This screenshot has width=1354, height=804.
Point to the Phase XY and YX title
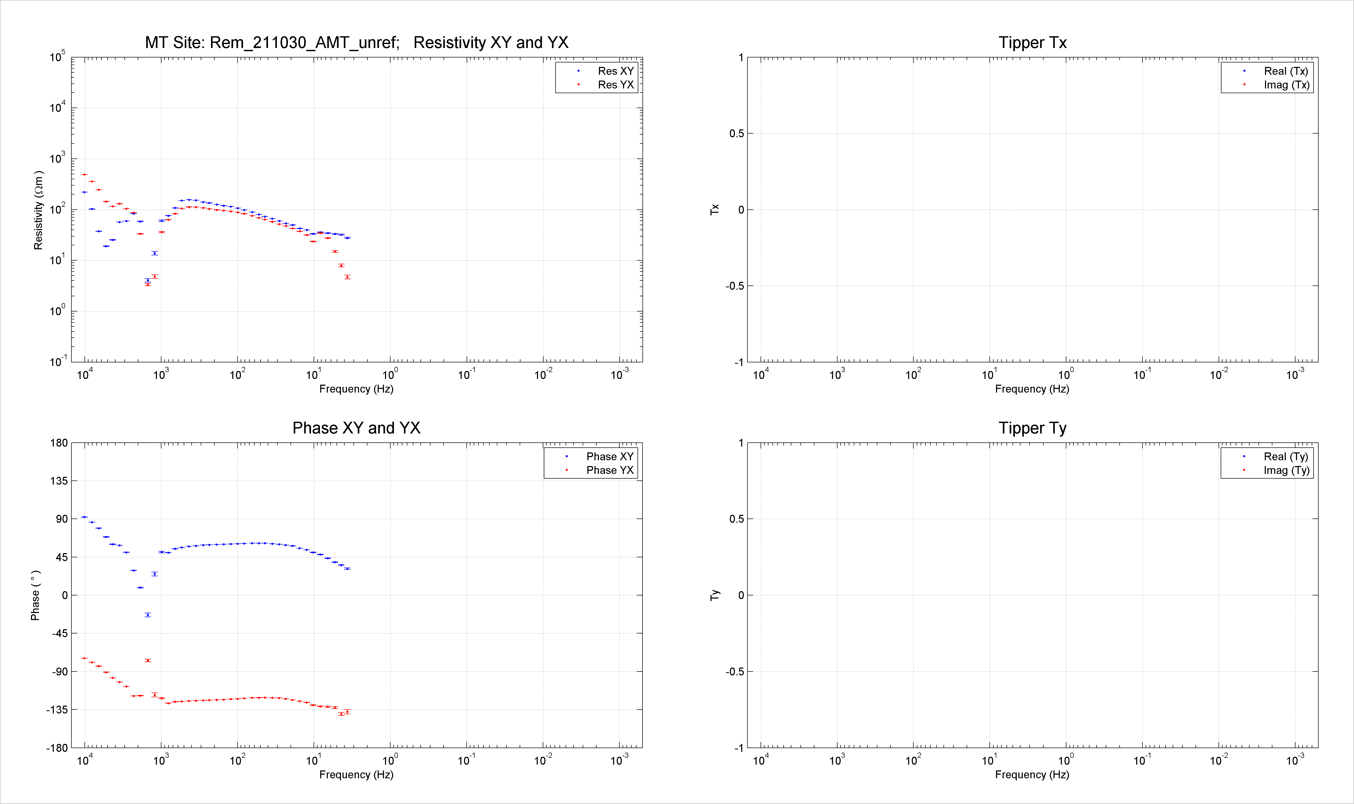pyautogui.click(x=356, y=428)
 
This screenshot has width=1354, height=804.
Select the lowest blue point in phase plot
pyautogui.click(x=147, y=615)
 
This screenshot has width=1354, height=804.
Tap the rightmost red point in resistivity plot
pyautogui.click(x=347, y=277)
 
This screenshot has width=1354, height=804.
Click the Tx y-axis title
pyautogui.click(x=715, y=210)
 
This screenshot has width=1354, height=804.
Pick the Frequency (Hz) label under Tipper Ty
pyautogui.click(x=1032, y=775)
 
